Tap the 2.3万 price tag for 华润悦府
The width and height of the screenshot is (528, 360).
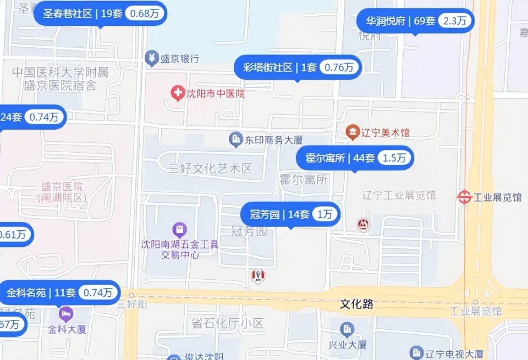point(456,21)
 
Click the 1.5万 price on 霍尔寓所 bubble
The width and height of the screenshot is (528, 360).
point(394,158)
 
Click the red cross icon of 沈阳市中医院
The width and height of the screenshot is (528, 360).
point(178,93)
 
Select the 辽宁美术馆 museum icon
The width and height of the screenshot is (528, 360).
point(353,132)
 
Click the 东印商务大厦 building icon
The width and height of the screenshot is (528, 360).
point(236,140)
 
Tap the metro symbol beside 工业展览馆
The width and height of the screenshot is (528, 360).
point(465,197)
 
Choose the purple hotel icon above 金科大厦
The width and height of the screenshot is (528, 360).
point(66,314)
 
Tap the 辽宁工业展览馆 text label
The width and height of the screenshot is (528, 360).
point(399,195)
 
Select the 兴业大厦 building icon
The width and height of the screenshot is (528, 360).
point(347,330)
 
